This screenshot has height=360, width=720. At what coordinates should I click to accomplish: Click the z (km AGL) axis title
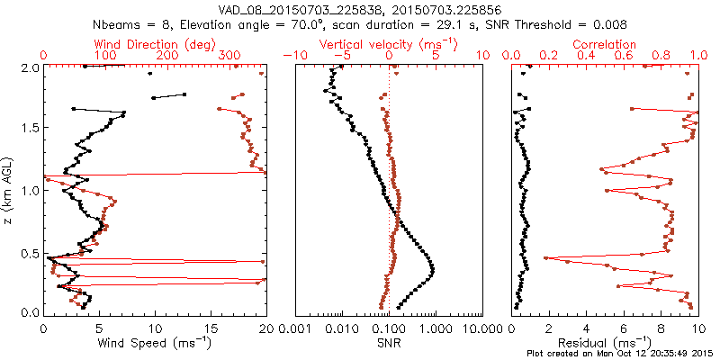point(9,190)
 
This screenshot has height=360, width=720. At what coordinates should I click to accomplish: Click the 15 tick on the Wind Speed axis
point(211,328)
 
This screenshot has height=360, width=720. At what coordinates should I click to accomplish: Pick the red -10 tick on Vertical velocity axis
point(290,57)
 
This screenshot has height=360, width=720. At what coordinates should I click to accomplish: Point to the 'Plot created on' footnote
point(620,354)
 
